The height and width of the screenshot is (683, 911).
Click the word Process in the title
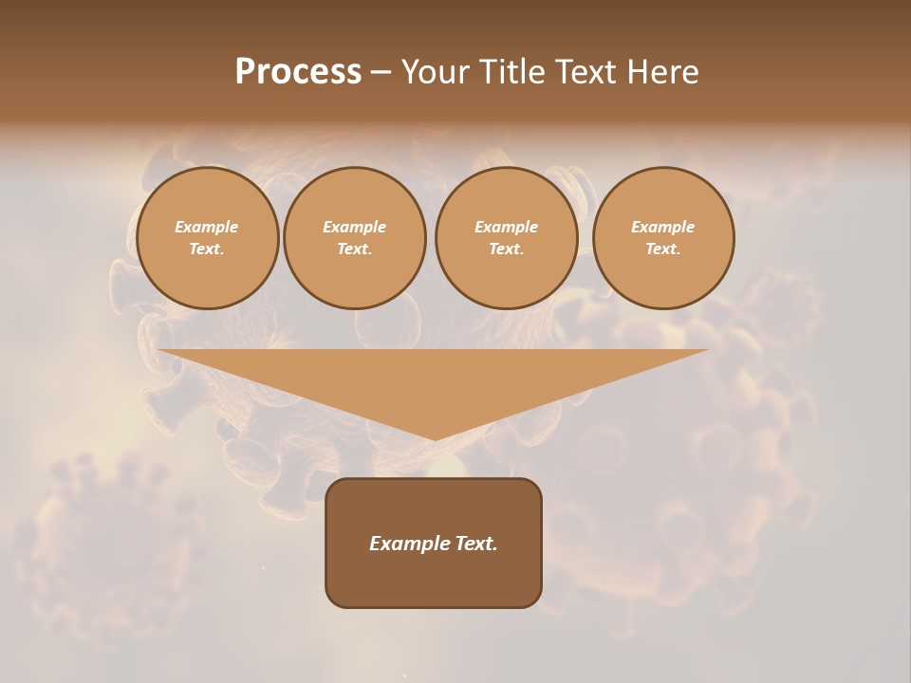pyautogui.click(x=298, y=71)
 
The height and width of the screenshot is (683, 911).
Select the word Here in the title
pyautogui.click(x=660, y=71)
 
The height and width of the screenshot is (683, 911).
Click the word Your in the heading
pyautogui.click(x=437, y=71)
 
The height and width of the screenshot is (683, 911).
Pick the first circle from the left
pyautogui.click(x=207, y=238)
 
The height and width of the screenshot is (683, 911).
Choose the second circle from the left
pyautogui.click(x=354, y=238)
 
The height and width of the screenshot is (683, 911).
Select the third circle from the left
pyautogui.click(x=506, y=238)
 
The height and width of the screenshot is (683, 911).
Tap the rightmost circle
pyautogui.click(x=663, y=238)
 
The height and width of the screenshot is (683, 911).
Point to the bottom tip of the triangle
pyautogui.click(x=435, y=439)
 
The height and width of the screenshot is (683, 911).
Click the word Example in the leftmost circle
pyautogui.click(x=207, y=227)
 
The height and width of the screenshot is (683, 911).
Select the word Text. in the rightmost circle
pyautogui.click(x=663, y=249)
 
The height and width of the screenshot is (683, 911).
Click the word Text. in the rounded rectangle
pyautogui.click(x=475, y=544)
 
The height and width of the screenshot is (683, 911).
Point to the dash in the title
pyautogui.click(x=381, y=71)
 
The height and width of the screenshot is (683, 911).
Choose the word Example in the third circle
pyautogui.click(x=506, y=227)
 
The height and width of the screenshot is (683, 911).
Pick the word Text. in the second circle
pyautogui.click(x=354, y=249)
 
